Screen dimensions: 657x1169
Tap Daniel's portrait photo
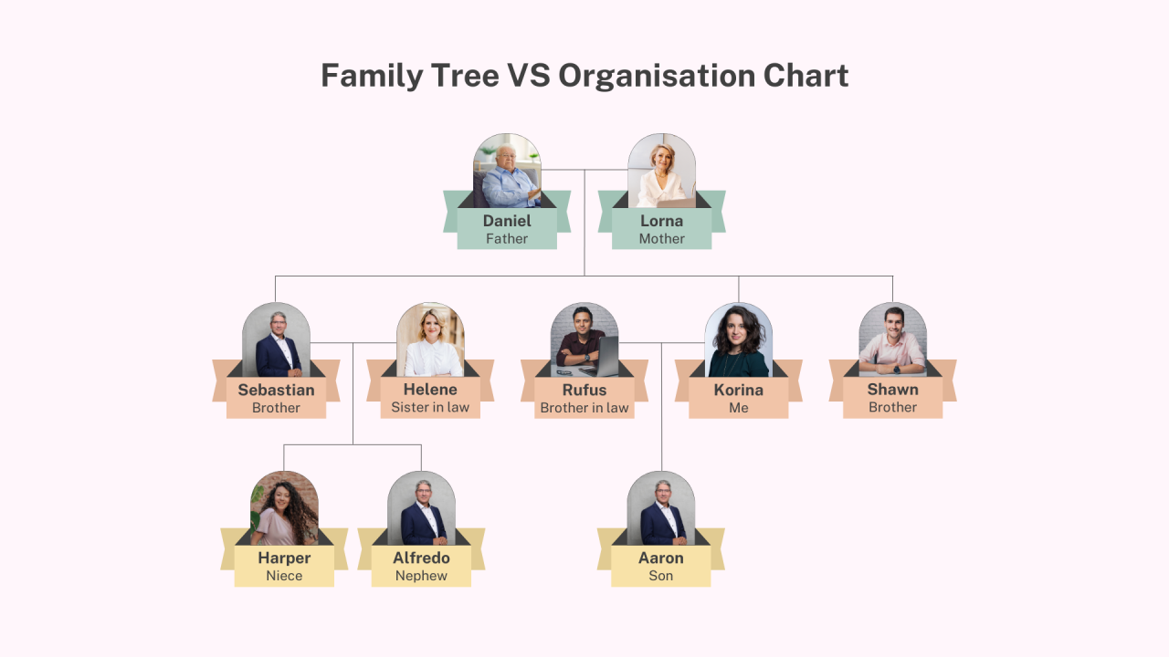(x=507, y=172)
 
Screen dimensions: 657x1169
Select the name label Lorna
(x=661, y=221)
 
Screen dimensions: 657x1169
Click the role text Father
(x=507, y=239)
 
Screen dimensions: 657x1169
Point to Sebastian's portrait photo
(x=276, y=340)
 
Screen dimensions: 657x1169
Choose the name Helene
(x=430, y=390)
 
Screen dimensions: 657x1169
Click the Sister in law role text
(x=430, y=408)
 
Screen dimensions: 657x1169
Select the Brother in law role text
(x=584, y=408)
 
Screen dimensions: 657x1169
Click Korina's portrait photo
(x=738, y=340)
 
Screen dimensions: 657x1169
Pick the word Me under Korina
(x=738, y=408)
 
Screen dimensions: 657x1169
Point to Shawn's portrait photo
(x=892, y=340)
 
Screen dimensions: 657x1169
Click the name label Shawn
(x=892, y=390)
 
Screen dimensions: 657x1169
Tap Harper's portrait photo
(x=284, y=509)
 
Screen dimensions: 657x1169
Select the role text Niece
(x=284, y=576)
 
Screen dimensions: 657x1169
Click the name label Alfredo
(x=421, y=558)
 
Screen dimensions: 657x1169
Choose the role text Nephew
(x=421, y=576)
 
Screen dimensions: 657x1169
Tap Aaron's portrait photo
(x=661, y=509)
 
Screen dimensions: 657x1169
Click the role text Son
(x=661, y=576)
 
